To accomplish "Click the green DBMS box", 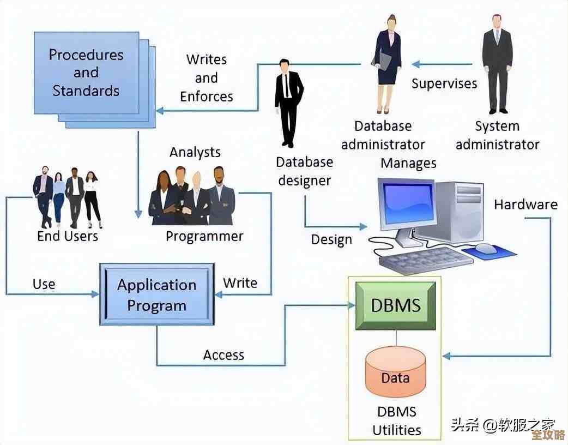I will click(396, 305).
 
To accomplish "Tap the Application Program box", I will click(157, 295).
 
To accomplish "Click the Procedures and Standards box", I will click(86, 73).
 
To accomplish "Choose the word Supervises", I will click(444, 83).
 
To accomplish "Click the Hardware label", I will click(525, 205).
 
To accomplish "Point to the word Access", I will click(223, 355).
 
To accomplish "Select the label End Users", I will click(68, 236).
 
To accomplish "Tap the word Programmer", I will click(204, 236).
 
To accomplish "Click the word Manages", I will click(408, 163).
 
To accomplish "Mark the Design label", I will click(331, 239).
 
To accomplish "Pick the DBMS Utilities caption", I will click(397, 420).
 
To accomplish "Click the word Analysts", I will click(195, 152).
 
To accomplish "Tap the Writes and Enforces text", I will click(207, 78).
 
